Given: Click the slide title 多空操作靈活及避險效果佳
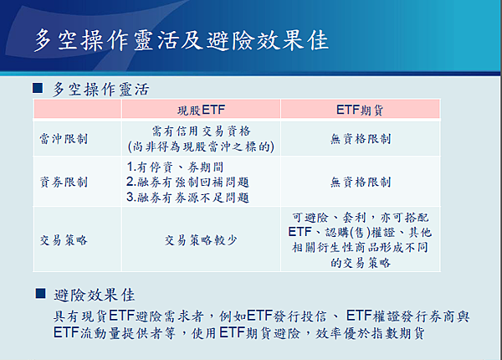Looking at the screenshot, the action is click(182, 40).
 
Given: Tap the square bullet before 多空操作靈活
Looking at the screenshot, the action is click(38, 88).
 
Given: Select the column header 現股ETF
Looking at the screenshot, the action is click(201, 110).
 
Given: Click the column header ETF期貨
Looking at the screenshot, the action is click(360, 110).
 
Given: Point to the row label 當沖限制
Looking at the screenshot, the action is click(64, 139).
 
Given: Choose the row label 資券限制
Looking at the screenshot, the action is click(64, 182).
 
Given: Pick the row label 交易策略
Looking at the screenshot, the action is click(64, 240).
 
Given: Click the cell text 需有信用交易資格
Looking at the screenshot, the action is click(201, 131).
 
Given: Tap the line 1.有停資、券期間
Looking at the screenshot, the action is click(175, 167).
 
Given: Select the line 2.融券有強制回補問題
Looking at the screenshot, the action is click(187, 182).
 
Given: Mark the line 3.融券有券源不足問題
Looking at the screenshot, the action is click(187, 198).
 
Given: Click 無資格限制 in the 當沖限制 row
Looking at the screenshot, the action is click(361, 139).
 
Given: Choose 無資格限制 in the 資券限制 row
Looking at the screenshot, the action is click(361, 182).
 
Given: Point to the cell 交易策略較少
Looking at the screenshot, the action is click(201, 240).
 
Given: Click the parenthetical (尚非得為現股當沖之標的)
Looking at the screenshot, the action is click(201, 147).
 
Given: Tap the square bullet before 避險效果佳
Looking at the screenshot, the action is click(40, 293).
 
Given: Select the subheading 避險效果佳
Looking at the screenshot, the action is click(94, 295).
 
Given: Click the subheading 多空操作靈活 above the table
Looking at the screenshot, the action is click(100, 89).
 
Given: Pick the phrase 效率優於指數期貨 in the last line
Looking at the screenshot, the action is click(370, 333).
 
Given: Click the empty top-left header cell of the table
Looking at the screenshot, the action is click(78, 109).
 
